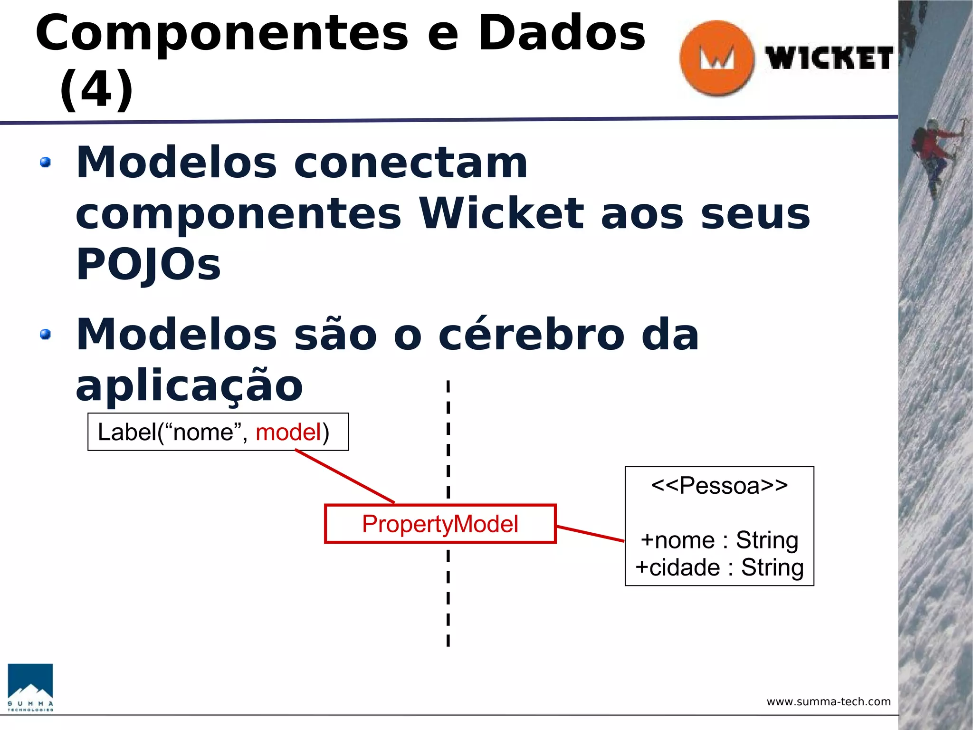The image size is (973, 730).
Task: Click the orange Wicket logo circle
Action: [716, 58]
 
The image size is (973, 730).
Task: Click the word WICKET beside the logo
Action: [829, 59]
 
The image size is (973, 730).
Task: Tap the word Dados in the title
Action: [562, 33]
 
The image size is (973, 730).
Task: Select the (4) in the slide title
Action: [96, 89]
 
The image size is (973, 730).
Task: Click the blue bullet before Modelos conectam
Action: [46, 163]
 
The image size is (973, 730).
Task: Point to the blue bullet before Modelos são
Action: [46, 335]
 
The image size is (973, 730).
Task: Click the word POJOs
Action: [148, 264]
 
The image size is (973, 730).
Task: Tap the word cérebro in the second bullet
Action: [531, 335]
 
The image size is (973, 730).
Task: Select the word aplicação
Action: [189, 386]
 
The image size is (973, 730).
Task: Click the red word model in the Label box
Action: [289, 432]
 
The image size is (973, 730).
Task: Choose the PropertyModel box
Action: [440, 524]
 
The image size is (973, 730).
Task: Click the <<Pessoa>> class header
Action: [719, 486]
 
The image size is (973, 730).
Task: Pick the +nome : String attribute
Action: [719, 540]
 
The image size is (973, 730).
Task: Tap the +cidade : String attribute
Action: [719, 567]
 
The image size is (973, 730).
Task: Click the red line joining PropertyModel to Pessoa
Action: [590, 533]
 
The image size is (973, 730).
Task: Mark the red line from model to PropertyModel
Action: [345, 476]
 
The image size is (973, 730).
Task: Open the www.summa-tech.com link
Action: [829, 701]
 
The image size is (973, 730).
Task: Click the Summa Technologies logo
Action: [30, 687]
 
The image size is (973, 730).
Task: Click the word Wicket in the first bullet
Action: [501, 214]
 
